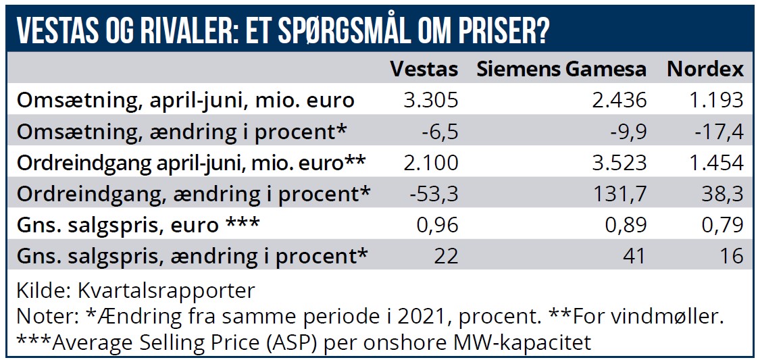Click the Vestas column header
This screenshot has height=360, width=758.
click(424, 70)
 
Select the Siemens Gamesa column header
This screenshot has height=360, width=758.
click(561, 70)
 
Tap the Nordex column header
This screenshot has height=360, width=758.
click(705, 70)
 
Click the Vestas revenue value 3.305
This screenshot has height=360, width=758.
click(430, 101)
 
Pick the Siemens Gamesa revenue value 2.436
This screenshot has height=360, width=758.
click(618, 101)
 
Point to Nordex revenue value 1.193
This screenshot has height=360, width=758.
click(715, 101)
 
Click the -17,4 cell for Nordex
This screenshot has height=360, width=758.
click(718, 132)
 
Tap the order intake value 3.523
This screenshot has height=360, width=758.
click(618, 163)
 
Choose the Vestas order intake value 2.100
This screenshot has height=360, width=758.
click(430, 163)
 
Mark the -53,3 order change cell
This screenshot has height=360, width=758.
click(434, 194)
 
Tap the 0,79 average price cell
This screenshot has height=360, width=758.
click(723, 225)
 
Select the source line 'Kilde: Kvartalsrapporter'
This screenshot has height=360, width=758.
click(136, 291)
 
